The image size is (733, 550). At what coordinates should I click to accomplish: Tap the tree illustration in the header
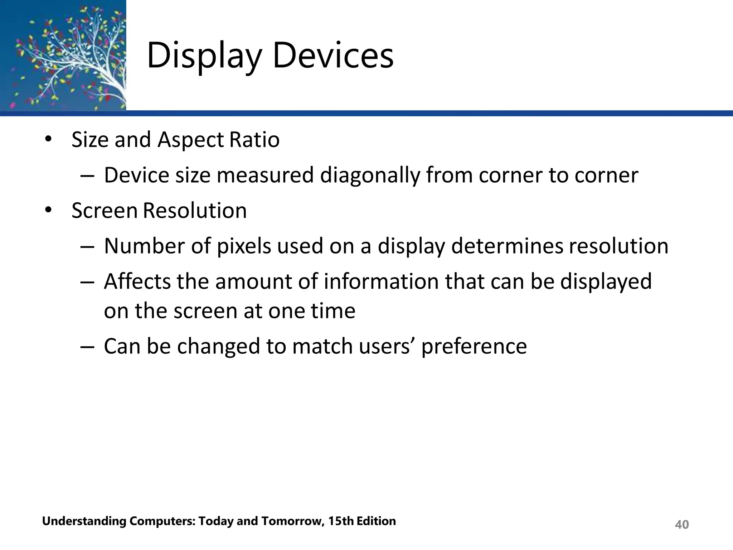pos(63,55)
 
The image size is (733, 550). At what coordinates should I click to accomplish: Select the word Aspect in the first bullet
pos(190,140)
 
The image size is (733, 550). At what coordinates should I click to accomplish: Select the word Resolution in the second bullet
pos(195,210)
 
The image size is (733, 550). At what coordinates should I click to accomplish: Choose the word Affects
pos(137,281)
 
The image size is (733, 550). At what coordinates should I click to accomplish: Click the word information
pos(381,281)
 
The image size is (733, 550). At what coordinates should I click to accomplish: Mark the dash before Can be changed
pos(87,346)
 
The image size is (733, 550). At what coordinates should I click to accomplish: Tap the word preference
pos(474,347)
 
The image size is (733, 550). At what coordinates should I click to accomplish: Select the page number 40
pos(681,525)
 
